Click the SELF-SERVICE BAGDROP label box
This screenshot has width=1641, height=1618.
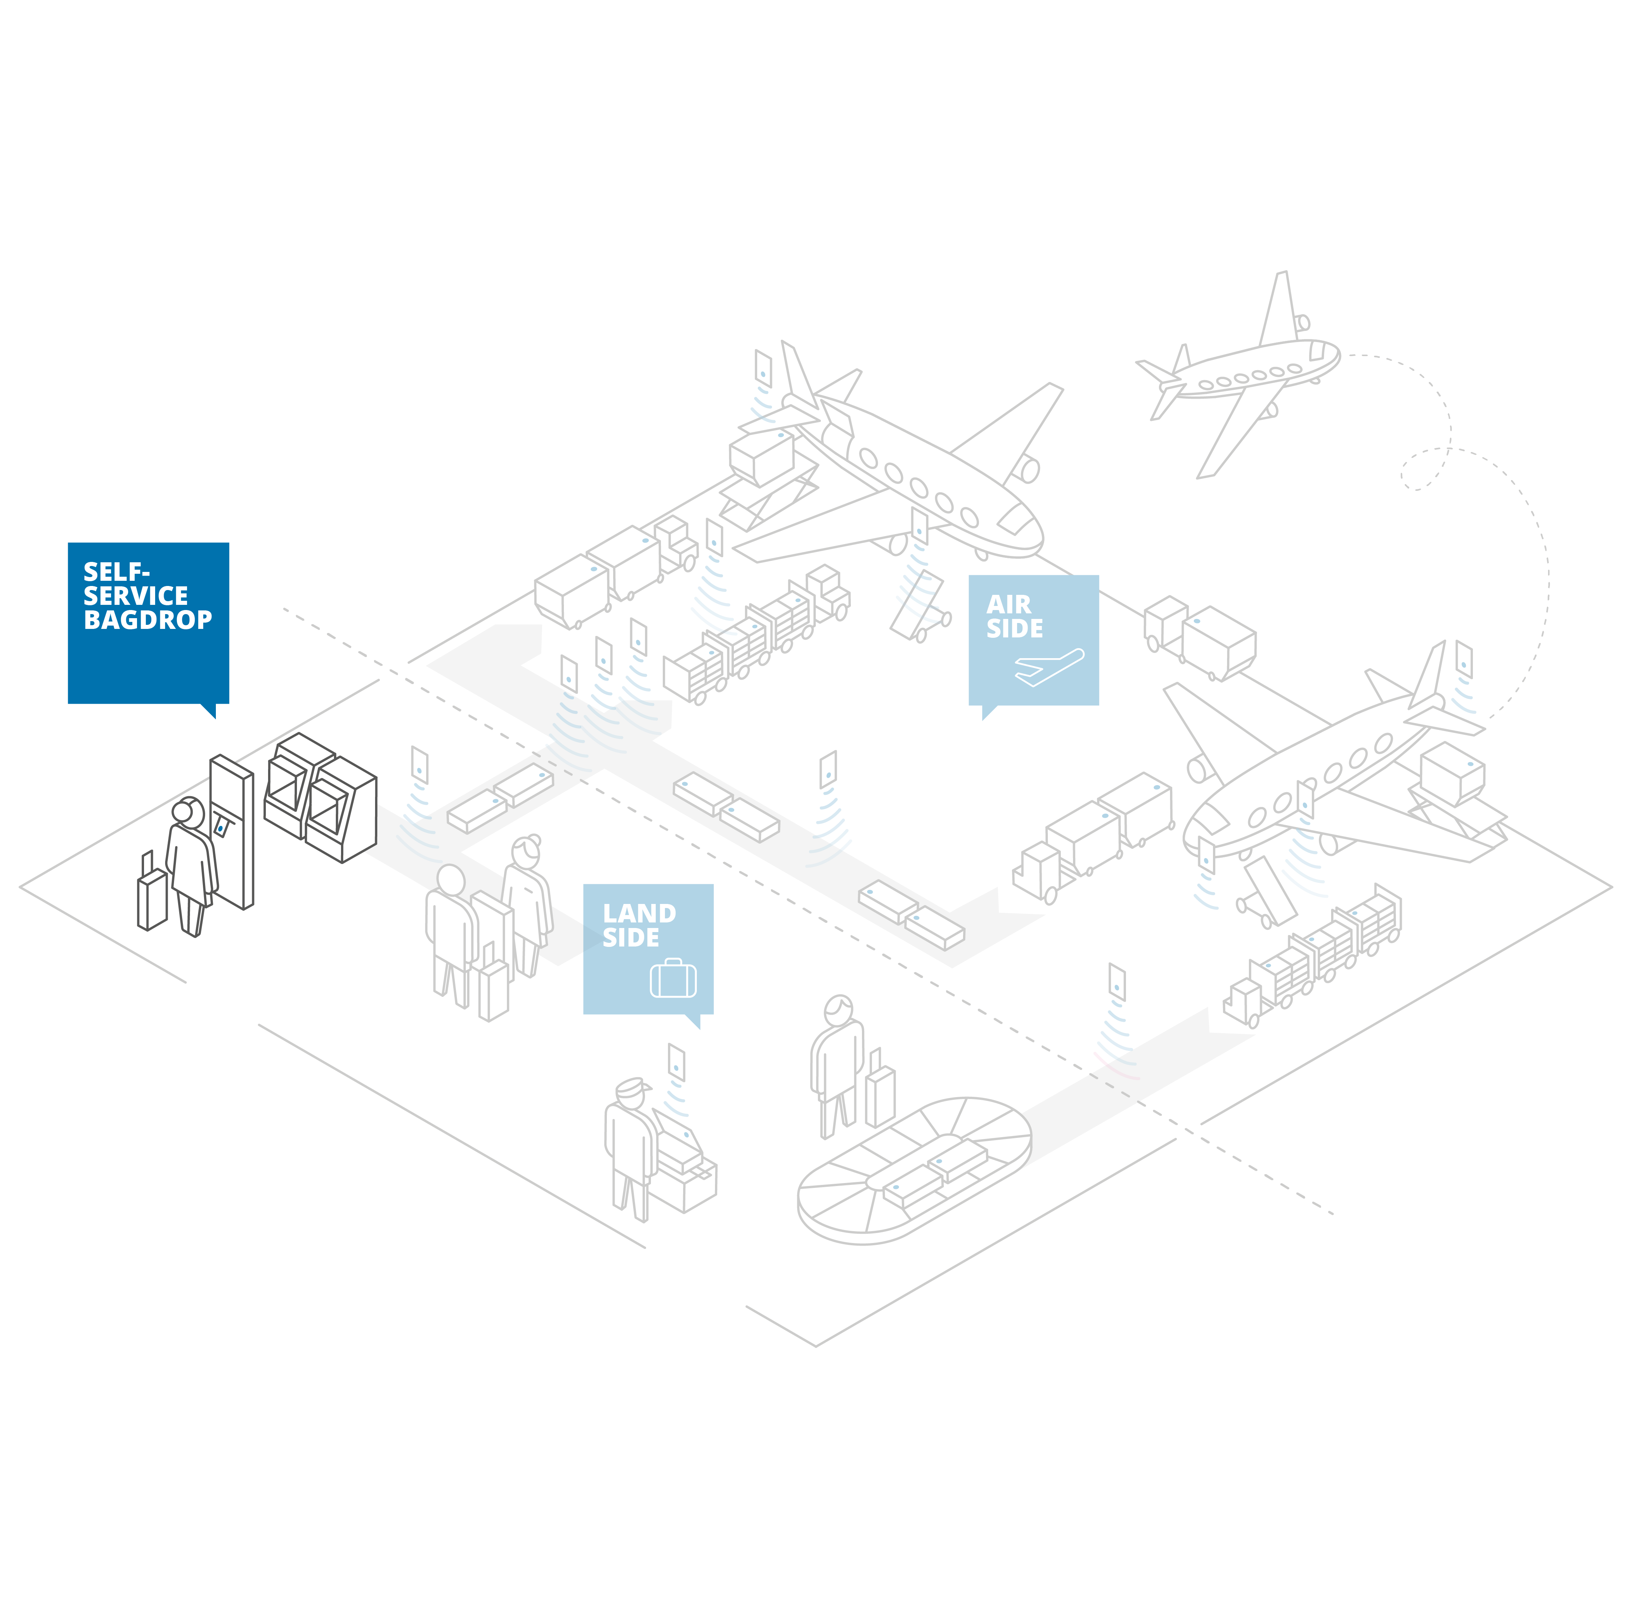click(x=148, y=623)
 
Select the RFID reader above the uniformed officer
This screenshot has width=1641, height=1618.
click(x=676, y=1062)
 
